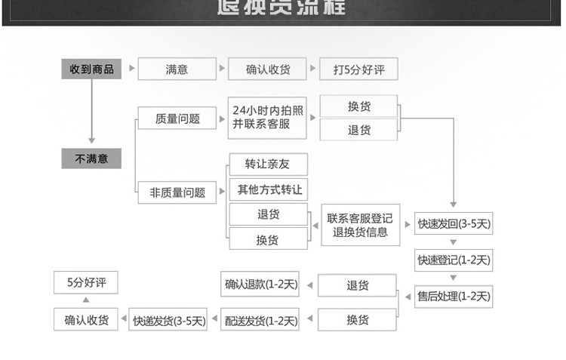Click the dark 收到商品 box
click(x=91, y=69)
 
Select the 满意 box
click(x=177, y=69)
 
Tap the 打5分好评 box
click(x=358, y=69)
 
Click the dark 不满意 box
click(x=91, y=158)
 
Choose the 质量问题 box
click(x=177, y=118)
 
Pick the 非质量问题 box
click(x=177, y=192)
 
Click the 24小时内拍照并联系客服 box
click(x=268, y=118)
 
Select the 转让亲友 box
click(x=268, y=164)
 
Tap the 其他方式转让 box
click(x=268, y=189)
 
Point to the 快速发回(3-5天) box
click(x=454, y=223)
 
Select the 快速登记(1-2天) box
click(x=454, y=260)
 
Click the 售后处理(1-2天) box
click(x=454, y=296)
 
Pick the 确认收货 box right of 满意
click(x=268, y=69)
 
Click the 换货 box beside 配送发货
click(x=358, y=320)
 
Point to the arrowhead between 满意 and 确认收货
click(x=222, y=69)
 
